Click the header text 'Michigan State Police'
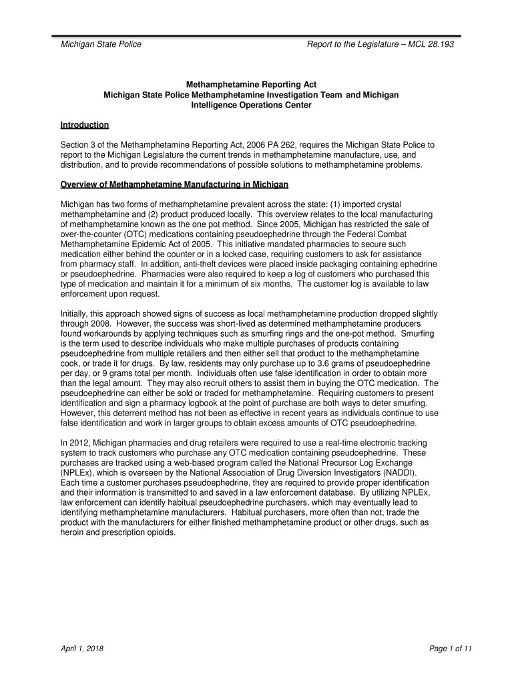101,45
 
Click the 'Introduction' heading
85,125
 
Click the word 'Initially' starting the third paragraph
75,313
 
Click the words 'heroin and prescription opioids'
119,534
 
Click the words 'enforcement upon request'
111,294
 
